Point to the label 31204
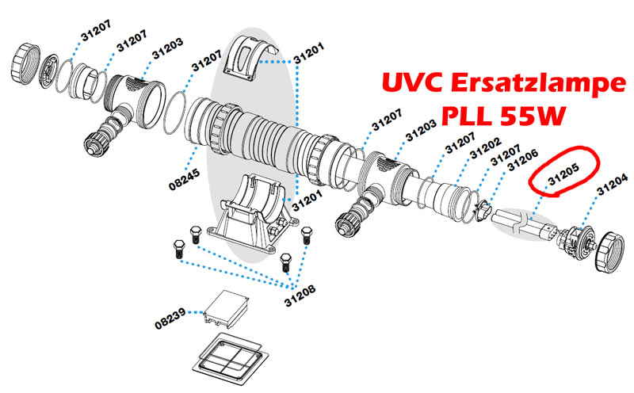(x=612, y=189)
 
